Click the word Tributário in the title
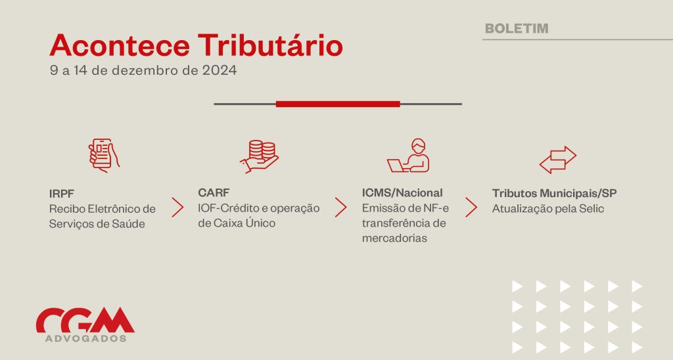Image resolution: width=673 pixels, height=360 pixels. pyautogui.click(x=270, y=45)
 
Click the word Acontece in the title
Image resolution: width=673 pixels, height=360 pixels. pyautogui.click(x=120, y=45)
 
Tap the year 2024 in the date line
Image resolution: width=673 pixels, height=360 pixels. pyautogui.click(x=220, y=70)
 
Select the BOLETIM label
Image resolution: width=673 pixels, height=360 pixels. pyautogui.click(x=517, y=28)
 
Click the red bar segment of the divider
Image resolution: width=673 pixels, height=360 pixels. pyautogui.click(x=338, y=104)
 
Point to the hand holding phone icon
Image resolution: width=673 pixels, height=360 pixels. pyautogui.click(x=104, y=155)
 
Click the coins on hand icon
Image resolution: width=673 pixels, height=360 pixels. pyautogui.click(x=259, y=156)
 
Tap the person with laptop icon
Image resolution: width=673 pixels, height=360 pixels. pyautogui.click(x=409, y=155)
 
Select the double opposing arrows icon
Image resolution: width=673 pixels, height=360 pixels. pyautogui.click(x=557, y=160)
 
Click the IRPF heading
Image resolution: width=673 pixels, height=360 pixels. pyautogui.click(x=61, y=194)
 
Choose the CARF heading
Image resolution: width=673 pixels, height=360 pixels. pyautogui.click(x=214, y=192)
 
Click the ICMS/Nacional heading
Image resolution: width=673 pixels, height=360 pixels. pyautogui.click(x=402, y=192)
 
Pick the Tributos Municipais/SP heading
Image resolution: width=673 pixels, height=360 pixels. pyautogui.click(x=554, y=193)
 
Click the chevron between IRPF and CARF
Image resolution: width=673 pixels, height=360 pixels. pyautogui.click(x=177, y=208)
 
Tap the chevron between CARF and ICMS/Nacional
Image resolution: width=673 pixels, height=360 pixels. pyautogui.click(x=341, y=207)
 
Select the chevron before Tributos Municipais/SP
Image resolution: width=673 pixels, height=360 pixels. pyautogui.click(x=471, y=207)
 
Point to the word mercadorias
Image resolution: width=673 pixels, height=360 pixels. pyautogui.click(x=394, y=238)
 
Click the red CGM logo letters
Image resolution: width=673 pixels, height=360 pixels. pyautogui.click(x=85, y=320)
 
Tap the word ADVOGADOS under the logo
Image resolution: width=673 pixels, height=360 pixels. pyautogui.click(x=86, y=338)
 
